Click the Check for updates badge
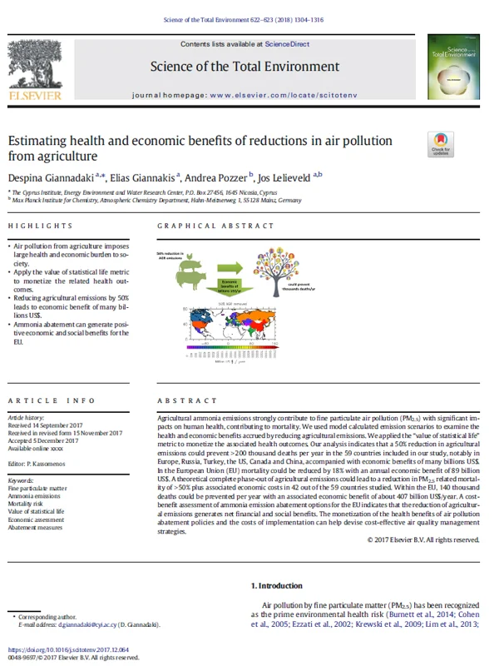[440, 146]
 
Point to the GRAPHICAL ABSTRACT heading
[205, 226]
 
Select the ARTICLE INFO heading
[43, 400]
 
